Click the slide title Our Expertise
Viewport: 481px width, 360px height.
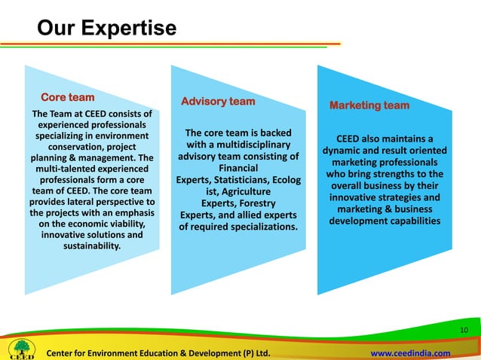106,29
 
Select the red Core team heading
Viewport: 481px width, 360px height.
67,98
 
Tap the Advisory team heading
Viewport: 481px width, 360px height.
218,102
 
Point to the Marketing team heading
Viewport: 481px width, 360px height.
369,105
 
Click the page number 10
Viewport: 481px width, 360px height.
464,331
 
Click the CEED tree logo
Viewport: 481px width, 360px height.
20,348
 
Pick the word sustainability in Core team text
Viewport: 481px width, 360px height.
85,246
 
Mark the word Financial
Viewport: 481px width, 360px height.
238,168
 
